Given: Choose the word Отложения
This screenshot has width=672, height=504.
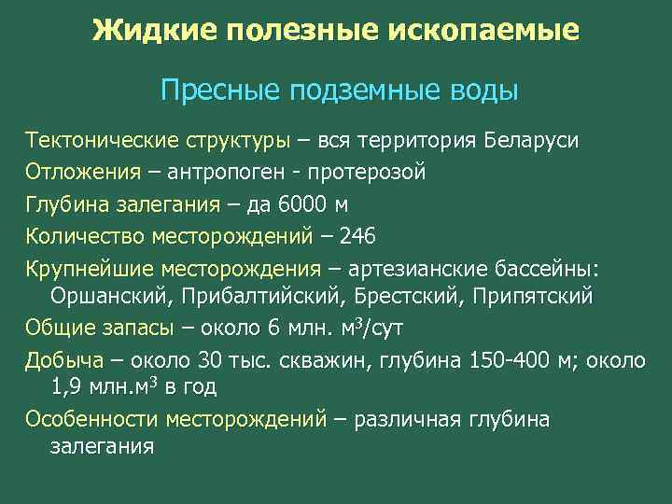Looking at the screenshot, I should [82, 172].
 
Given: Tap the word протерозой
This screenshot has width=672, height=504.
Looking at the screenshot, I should [371, 172].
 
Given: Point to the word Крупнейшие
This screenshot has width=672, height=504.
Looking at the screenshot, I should [87, 270].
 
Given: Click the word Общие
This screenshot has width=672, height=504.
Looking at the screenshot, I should [57, 328].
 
